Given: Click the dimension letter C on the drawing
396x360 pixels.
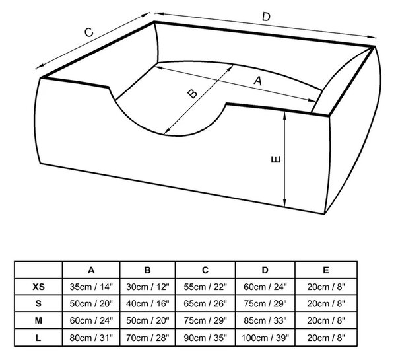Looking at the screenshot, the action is click(89, 32).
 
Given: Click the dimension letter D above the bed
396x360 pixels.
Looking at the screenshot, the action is click(266, 17).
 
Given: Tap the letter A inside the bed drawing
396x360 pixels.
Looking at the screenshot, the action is click(258, 81).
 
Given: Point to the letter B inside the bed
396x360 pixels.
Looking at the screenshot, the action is click(193, 94).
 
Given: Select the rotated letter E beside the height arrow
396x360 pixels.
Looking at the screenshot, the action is click(275, 159).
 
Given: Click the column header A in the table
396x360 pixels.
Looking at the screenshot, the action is click(91, 270).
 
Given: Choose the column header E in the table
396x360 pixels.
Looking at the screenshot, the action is click(326, 270).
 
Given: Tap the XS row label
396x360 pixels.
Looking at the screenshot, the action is click(38, 287).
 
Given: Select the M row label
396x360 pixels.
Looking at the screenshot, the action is click(38, 320).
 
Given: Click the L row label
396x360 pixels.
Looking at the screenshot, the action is click(38, 338).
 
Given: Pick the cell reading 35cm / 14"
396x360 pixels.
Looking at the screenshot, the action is click(91, 287).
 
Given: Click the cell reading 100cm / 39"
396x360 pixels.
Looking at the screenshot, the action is click(265, 338).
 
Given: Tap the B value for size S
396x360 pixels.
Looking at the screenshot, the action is click(147, 304).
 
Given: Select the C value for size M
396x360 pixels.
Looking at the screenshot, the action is click(205, 320).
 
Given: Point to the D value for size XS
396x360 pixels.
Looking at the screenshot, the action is click(265, 287).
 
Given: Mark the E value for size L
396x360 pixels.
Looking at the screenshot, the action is click(326, 338).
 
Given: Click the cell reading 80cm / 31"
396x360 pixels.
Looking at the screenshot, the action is click(91, 338).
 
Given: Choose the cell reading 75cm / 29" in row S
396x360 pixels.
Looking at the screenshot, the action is click(265, 304).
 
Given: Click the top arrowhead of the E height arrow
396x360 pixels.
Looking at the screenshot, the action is click(284, 116).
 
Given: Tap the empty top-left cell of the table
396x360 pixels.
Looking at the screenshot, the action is click(38, 270).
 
